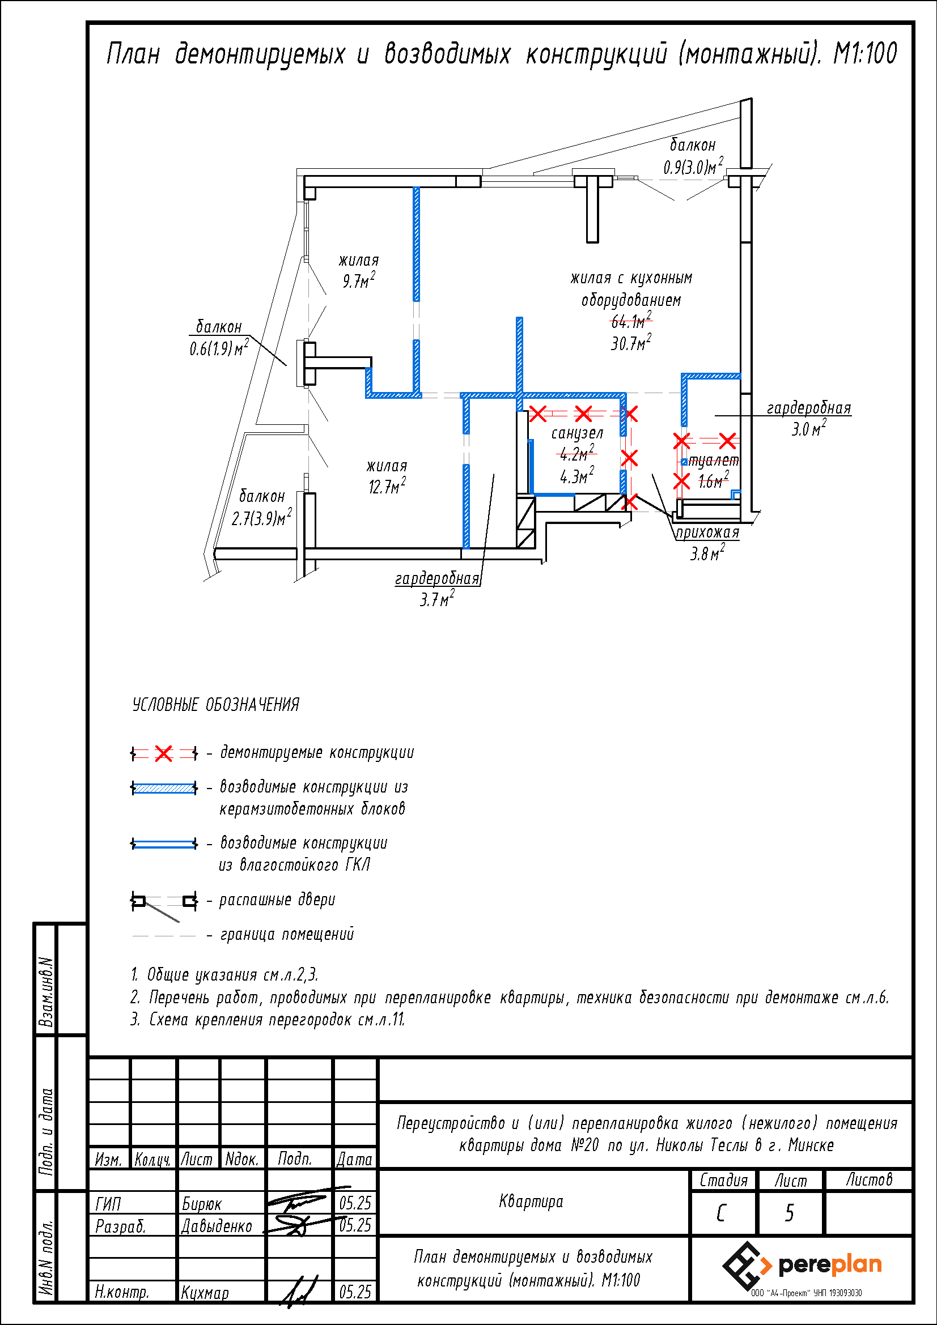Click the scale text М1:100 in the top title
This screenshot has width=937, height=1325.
coord(865,54)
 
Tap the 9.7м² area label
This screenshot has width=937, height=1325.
coord(358,280)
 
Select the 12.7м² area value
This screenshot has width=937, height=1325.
coord(387,486)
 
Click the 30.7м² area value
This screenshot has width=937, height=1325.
coord(631,342)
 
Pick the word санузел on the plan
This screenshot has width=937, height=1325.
coord(576,433)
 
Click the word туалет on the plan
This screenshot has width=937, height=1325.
coord(714,461)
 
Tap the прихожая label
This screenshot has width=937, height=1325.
coord(707,532)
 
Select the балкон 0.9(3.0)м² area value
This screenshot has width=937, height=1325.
coord(693,166)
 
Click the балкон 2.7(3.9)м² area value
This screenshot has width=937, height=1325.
coord(261,518)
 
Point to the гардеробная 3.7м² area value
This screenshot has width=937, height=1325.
coord(436,599)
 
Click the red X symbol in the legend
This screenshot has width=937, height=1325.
coord(164,753)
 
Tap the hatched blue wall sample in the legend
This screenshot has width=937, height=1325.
coord(164,788)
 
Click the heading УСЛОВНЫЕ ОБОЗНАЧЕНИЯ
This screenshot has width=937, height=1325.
coord(216,704)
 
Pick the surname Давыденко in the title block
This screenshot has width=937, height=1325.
coord(217,1225)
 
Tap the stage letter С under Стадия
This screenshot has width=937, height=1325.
coord(721,1213)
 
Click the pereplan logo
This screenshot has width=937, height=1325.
coord(802,1266)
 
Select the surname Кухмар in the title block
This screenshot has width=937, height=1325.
coord(205,1292)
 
